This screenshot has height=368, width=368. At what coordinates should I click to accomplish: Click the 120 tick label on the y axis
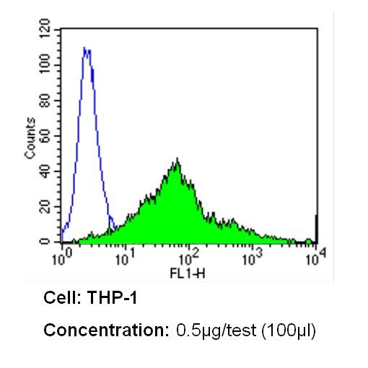pyautogui.click(x=45, y=29)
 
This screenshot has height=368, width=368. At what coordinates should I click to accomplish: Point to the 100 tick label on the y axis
pyautogui.click(x=45, y=64)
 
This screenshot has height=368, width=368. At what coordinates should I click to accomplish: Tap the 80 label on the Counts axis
pyautogui.click(x=45, y=100)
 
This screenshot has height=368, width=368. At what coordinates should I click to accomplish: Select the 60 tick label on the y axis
pyautogui.click(x=45, y=136)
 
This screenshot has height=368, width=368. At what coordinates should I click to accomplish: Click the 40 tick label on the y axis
pyautogui.click(x=45, y=172)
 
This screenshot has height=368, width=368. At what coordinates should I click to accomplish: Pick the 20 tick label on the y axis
pyautogui.click(x=45, y=207)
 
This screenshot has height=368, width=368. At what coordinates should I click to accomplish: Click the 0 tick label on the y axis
pyautogui.click(x=45, y=241)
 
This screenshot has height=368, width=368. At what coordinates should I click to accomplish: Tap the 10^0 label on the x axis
pyautogui.click(x=62, y=257)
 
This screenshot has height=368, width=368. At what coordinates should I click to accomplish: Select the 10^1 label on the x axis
pyautogui.click(x=125, y=257)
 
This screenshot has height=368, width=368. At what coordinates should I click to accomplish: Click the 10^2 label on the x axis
pyautogui.click(x=189, y=257)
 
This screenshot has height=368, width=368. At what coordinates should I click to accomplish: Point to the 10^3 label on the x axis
pyautogui.click(x=252, y=257)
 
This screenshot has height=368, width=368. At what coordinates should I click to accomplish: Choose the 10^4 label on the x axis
pyautogui.click(x=316, y=257)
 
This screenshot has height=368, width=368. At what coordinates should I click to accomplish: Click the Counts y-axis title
pyautogui.click(x=30, y=138)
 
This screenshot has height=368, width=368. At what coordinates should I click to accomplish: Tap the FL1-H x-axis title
pyautogui.click(x=188, y=273)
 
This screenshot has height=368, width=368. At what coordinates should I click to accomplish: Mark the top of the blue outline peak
pyautogui.click(x=84, y=47)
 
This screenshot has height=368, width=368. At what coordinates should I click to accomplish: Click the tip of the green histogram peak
pyautogui.click(x=178, y=158)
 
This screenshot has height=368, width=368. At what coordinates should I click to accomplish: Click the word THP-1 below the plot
pyautogui.click(x=113, y=297)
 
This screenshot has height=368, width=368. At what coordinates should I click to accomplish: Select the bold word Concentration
pyautogui.click(x=107, y=330)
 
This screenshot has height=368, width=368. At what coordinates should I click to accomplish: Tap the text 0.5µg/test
pyautogui.click(x=216, y=330)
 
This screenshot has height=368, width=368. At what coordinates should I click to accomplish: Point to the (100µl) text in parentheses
pyautogui.click(x=289, y=331)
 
